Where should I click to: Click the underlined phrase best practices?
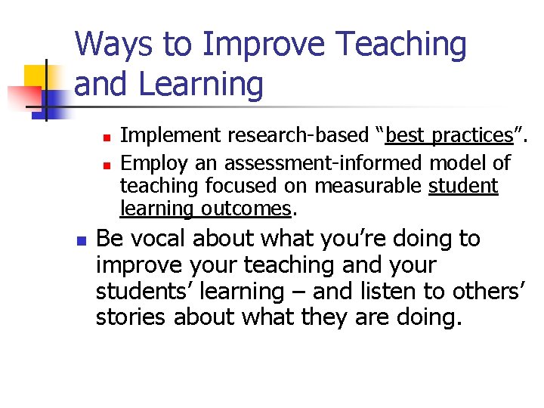449,136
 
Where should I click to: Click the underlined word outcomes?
253,209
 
